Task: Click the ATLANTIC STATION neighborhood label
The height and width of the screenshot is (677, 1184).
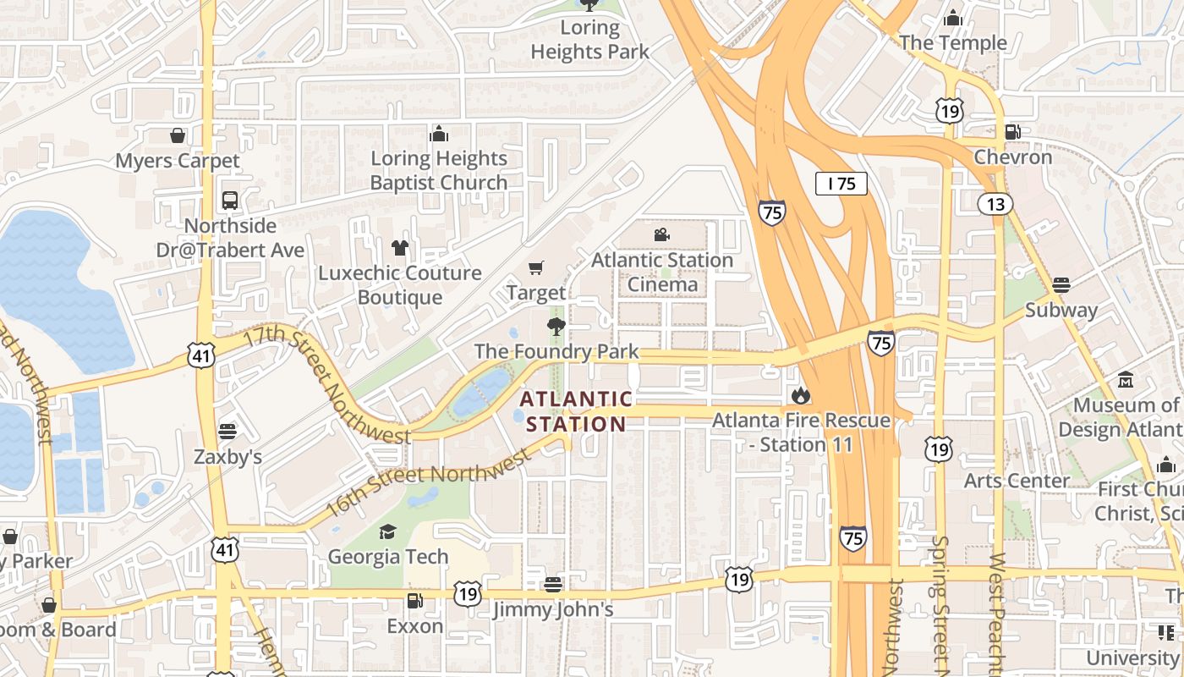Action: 576,411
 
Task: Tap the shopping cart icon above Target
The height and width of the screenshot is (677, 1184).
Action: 535,268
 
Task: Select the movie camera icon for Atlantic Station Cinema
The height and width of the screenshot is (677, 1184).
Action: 661,234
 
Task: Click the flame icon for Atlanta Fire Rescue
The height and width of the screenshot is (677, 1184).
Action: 800,395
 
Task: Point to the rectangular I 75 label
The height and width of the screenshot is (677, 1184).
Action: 841,184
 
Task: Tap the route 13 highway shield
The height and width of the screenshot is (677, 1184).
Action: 995,203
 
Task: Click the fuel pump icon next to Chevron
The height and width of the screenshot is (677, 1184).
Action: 1012,132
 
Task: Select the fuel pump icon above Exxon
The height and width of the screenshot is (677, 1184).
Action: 414,601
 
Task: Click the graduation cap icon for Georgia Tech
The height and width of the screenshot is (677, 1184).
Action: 387,531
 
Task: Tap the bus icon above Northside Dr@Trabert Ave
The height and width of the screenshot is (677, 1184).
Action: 230,201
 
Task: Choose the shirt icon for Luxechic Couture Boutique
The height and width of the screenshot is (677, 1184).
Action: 399,248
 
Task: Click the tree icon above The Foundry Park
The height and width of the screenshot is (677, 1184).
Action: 556,327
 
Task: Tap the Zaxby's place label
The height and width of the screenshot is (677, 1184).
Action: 227,457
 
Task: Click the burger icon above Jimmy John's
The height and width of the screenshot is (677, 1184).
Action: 553,584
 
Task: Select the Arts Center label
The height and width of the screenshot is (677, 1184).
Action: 1017,481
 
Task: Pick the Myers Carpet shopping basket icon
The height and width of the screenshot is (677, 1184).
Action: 178,135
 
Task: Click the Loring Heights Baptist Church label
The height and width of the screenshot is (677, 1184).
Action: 439,170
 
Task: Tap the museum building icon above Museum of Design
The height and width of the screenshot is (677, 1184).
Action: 1125,380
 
